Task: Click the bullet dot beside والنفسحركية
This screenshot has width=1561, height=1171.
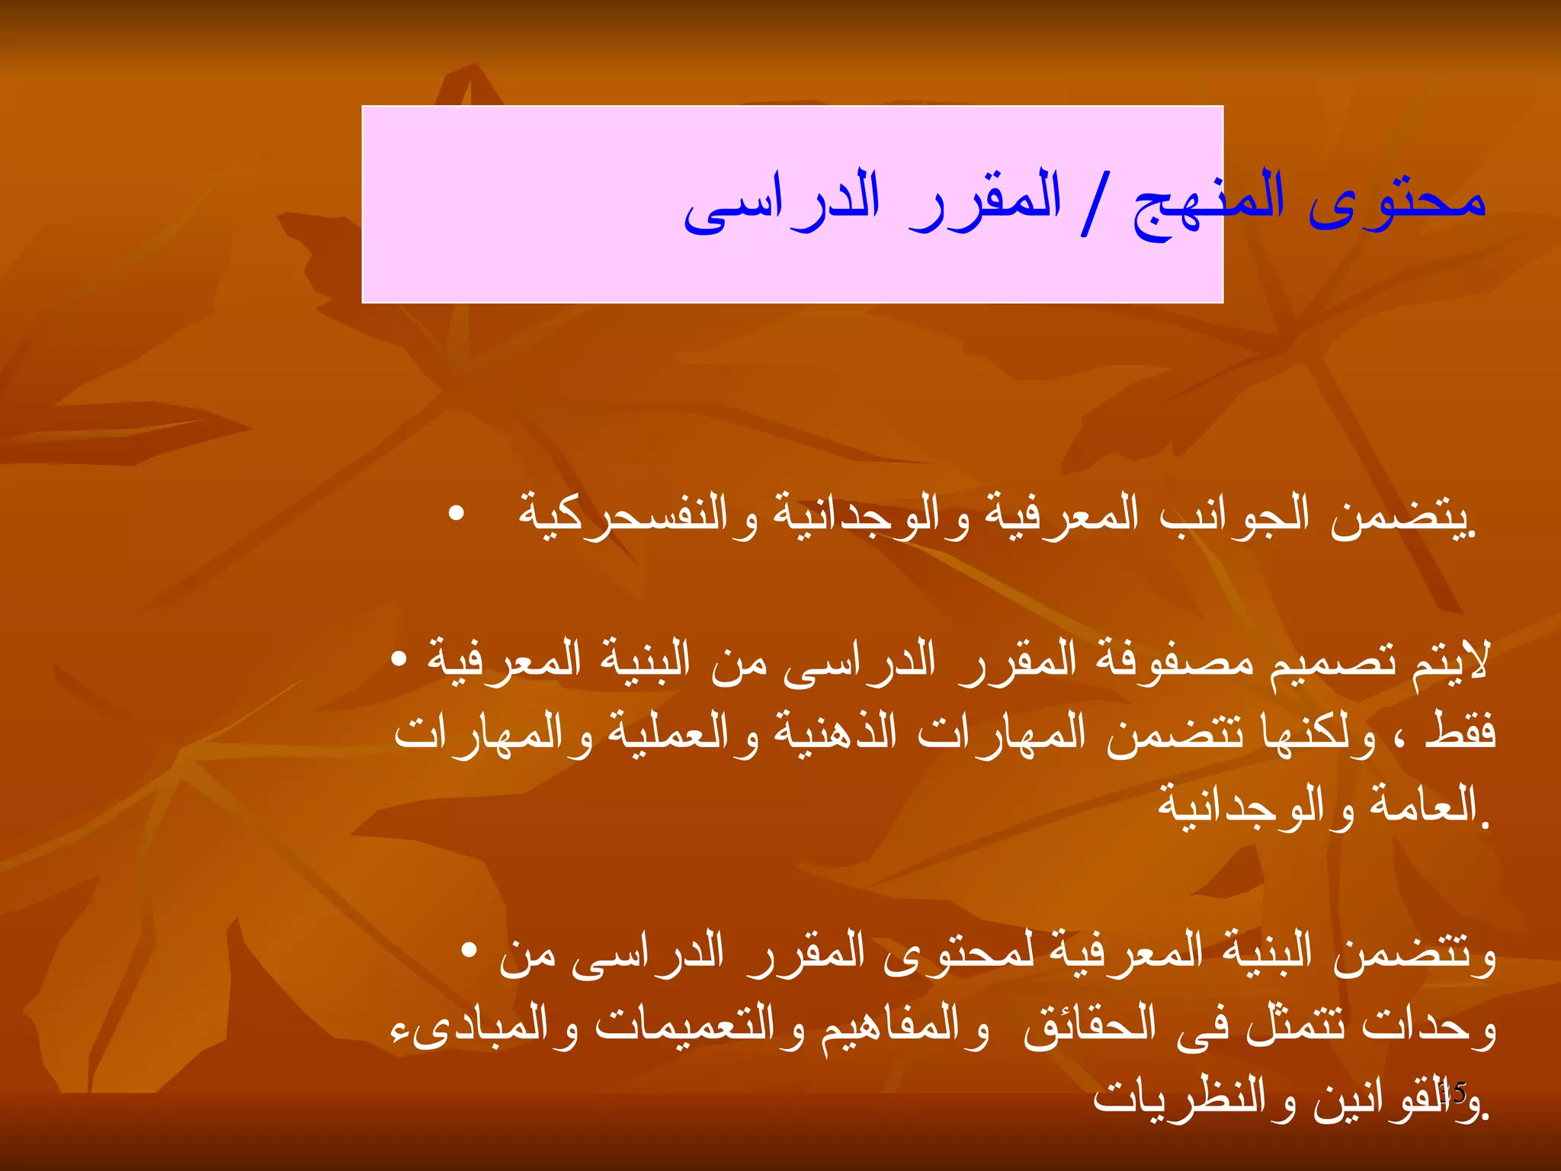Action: click(457, 513)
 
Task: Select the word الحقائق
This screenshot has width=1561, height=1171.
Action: click(1089, 1026)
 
